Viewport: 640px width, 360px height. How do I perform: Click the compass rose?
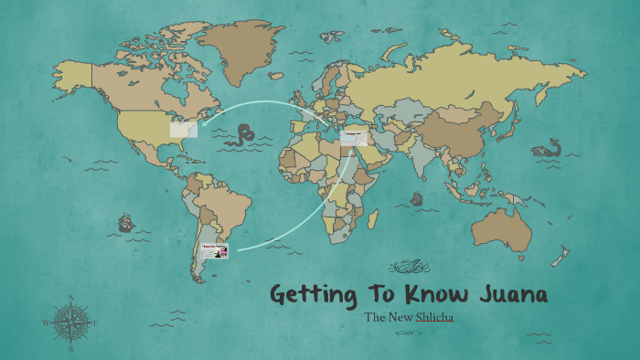pyautogui.click(x=69, y=322)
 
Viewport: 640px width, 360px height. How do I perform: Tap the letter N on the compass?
pyautogui.click(x=69, y=298)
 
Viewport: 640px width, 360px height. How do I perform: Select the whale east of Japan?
pyautogui.click(x=548, y=149)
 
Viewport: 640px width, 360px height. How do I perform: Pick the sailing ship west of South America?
pyautogui.click(x=123, y=222)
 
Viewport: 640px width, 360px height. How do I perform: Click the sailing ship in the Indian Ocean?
pyautogui.click(x=417, y=198)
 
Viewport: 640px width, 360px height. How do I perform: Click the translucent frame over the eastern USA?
pyautogui.click(x=184, y=129)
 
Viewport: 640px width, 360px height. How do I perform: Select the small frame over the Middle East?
pyautogui.click(x=354, y=138)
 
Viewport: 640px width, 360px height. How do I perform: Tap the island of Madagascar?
pyautogui.click(x=373, y=217)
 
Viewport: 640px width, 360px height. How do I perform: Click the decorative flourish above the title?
pyautogui.click(x=410, y=267)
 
